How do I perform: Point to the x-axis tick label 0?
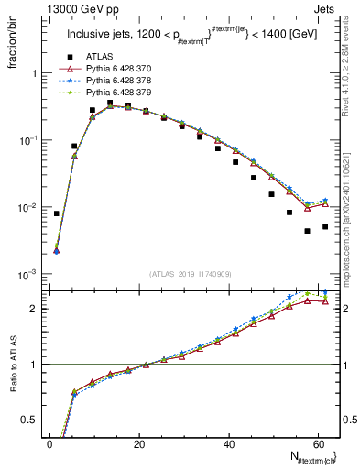point(49,444)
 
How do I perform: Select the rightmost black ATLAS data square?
point(325,226)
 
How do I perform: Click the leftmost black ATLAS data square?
point(57,213)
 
